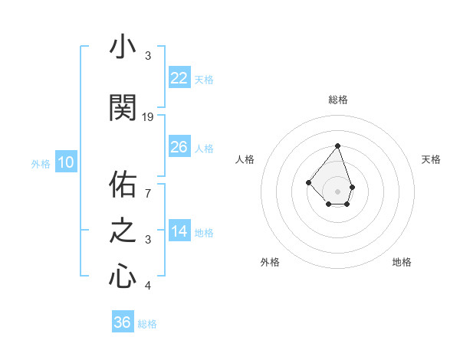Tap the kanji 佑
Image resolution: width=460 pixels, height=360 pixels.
pyautogui.click(x=123, y=185)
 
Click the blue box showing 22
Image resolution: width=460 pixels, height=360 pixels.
pyautogui.click(x=179, y=78)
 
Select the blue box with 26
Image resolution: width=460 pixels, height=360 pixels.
pyautogui.click(x=179, y=147)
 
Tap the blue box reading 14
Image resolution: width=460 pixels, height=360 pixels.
pyautogui.click(x=179, y=232)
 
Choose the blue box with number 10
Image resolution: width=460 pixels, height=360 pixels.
pyautogui.click(x=66, y=162)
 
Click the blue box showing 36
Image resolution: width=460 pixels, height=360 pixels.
pyautogui.click(x=123, y=322)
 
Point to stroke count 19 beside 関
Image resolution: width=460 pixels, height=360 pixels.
pyautogui.click(x=148, y=116)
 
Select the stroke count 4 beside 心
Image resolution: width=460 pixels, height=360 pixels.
pyautogui.click(x=148, y=286)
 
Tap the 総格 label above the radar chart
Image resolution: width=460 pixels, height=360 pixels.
pyautogui.click(x=337, y=100)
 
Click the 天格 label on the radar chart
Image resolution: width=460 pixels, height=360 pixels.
pyautogui.click(x=431, y=159)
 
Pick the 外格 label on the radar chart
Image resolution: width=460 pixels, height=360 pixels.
pyautogui.click(x=270, y=262)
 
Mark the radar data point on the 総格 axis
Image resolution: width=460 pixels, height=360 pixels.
pyautogui.click(x=337, y=146)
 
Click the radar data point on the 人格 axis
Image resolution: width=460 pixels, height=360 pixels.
pyautogui.click(x=308, y=182)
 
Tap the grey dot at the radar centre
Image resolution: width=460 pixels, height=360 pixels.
pyautogui.click(x=337, y=191)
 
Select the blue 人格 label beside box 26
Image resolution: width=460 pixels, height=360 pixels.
pyautogui.click(x=204, y=148)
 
